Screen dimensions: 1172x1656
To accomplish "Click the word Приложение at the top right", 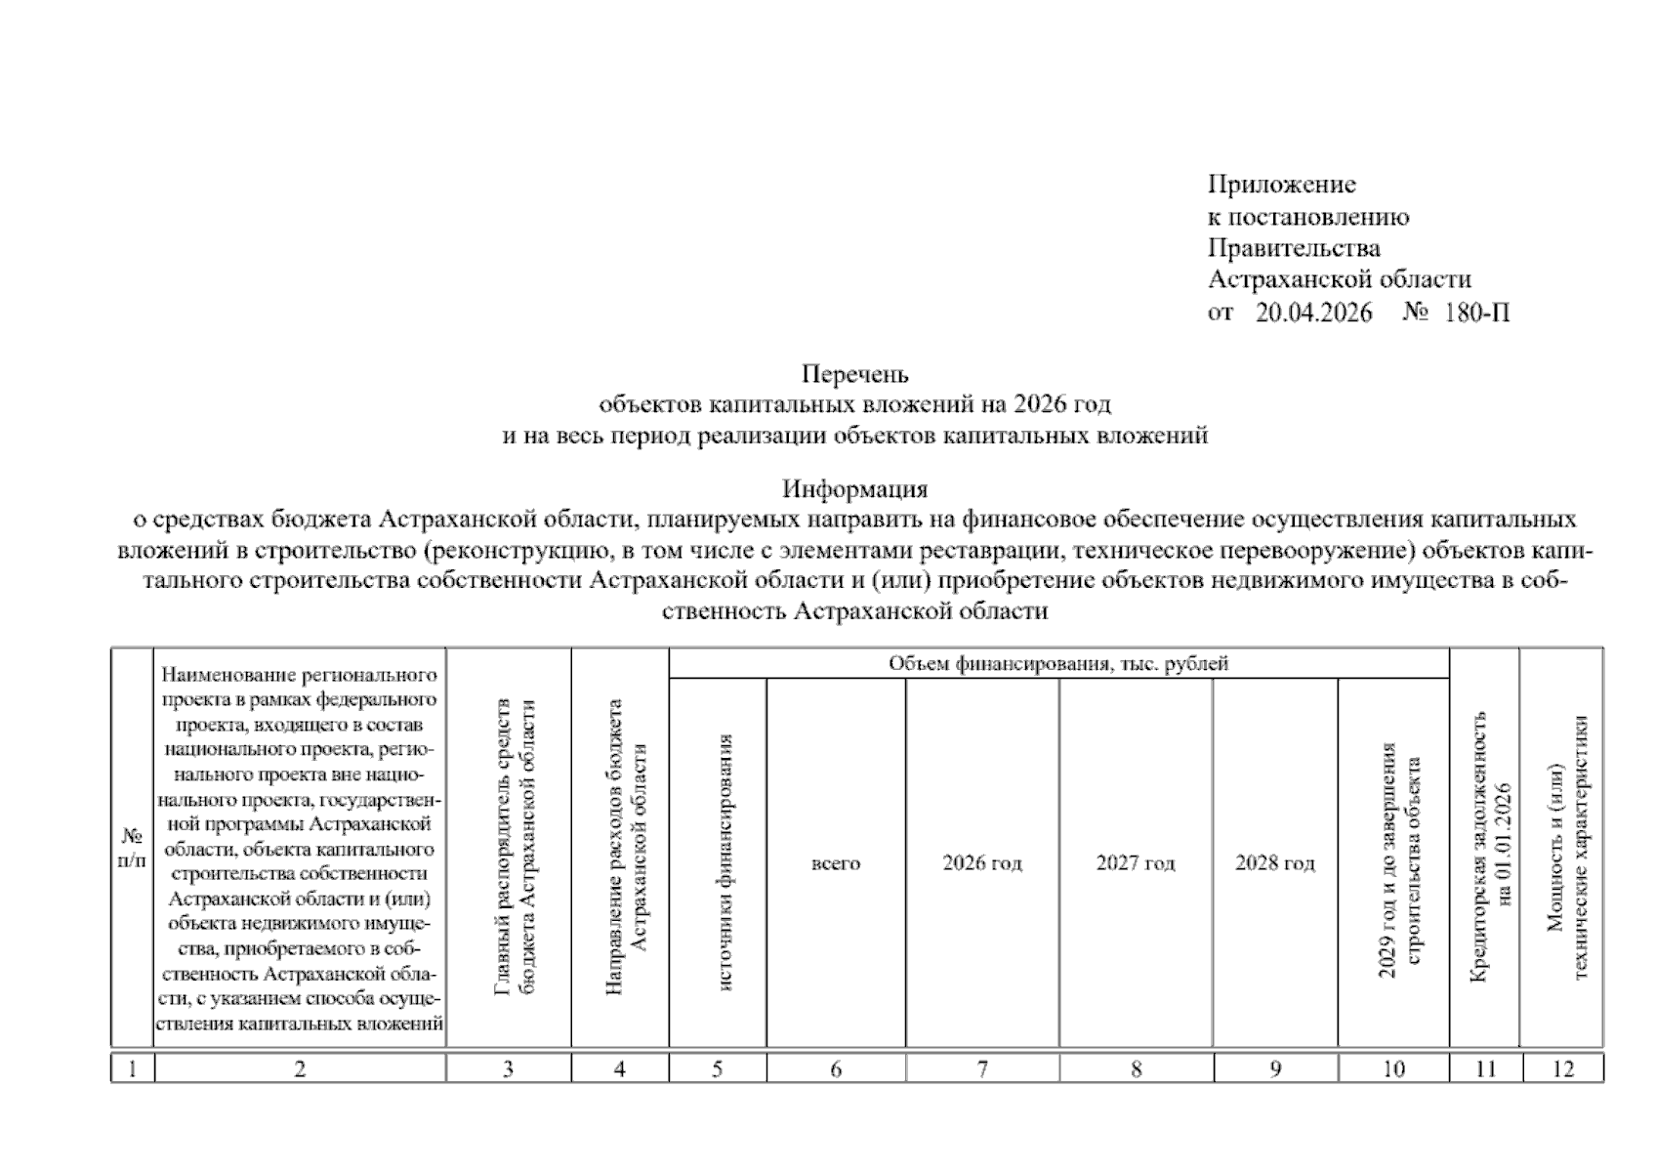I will coord(1281,185).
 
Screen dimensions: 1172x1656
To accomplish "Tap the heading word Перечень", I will coord(854,374).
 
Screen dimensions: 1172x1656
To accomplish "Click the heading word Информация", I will coord(854,487).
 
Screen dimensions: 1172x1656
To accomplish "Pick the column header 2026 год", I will coord(981,863).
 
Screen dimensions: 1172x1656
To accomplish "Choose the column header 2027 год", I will coord(1135,863).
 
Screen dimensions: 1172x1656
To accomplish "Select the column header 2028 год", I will coord(1274,863).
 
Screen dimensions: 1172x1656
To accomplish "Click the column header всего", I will coord(835,863).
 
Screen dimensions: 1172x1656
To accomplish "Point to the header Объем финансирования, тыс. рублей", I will coord(1057,664).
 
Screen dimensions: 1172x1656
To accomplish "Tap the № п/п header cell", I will coord(132,849).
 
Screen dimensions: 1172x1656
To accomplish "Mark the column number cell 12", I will coord(1562,1068).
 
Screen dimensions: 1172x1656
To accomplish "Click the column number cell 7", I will coord(981,1068).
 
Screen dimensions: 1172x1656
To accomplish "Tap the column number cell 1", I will coord(132,1068).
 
